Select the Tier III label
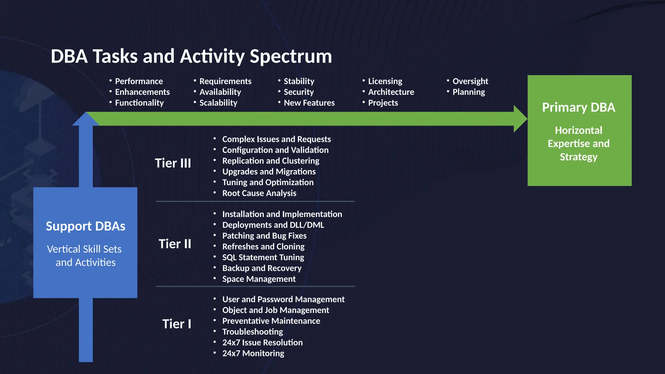pos(173,163)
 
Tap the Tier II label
pos(175,244)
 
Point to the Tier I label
pos(177,324)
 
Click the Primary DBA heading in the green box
pos(579,107)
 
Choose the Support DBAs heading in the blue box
pos(85,226)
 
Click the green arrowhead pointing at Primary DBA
pos(520,119)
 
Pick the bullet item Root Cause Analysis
pos(259,193)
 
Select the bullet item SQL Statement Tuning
pos(263,257)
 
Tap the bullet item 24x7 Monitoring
pos(253,354)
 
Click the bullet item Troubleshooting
pos(252,332)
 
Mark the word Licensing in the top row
pos(385,81)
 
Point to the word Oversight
pos(470,81)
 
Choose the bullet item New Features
pos(309,103)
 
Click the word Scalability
pos(218,103)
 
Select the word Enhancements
pos(142,92)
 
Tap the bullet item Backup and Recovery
pos(262,268)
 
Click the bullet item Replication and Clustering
pos(270,161)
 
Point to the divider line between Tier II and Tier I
pos(255,286)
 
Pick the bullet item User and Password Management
pos(283,299)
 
